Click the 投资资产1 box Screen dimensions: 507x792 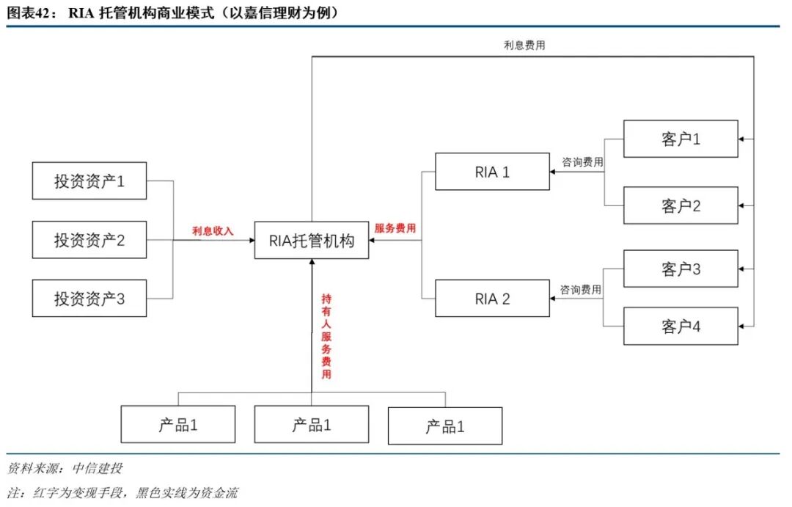click(x=89, y=180)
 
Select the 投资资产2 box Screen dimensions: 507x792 click(x=89, y=240)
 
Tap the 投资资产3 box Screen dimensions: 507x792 click(x=89, y=299)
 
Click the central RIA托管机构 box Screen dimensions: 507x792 click(x=312, y=240)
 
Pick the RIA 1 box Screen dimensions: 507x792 click(x=492, y=172)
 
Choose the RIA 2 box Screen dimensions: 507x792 click(x=492, y=298)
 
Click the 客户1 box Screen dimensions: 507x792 click(x=681, y=139)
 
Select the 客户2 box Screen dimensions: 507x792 click(x=681, y=205)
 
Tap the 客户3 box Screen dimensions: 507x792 click(x=681, y=269)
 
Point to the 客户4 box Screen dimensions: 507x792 click(x=681, y=326)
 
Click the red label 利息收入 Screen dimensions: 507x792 click(x=213, y=230)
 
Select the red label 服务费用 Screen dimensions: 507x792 click(x=395, y=228)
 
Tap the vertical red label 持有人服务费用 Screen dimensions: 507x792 click(x=326, y=336)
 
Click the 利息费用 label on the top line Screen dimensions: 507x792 click(x=524, y=45)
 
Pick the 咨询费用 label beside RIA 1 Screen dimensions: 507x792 click(x=583, y=162)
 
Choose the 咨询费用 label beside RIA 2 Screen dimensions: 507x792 click(x=582, y=290)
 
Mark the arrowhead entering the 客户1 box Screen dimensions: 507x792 click(x=742, y=139)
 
